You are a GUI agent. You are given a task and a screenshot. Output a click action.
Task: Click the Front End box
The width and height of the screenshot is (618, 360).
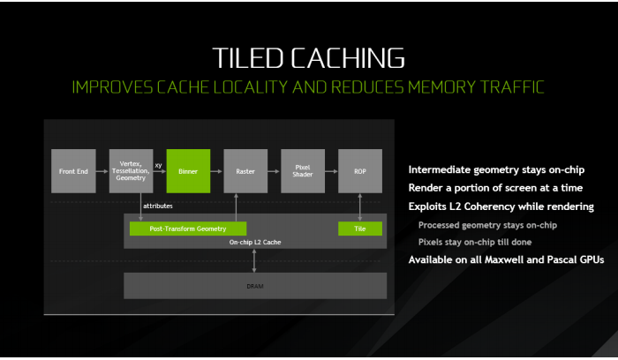73,171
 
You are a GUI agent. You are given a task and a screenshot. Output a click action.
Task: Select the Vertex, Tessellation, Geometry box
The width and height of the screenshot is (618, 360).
131,171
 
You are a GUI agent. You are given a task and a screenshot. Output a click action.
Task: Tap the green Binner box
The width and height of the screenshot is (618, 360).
188,171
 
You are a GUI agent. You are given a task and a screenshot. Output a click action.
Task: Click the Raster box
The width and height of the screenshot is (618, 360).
245,171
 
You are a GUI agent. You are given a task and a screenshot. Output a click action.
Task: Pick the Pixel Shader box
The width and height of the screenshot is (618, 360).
303,171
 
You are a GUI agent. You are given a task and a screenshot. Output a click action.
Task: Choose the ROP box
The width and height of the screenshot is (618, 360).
360,171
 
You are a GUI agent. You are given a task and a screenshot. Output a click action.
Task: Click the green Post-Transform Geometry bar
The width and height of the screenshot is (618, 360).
187,229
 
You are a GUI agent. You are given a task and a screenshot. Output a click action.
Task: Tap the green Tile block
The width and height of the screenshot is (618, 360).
360,229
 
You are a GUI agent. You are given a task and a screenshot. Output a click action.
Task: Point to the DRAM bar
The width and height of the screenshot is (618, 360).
254,286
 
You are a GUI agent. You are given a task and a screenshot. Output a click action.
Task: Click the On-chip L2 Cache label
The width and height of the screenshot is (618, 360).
254,241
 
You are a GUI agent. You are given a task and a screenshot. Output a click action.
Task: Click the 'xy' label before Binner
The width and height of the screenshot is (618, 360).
158,164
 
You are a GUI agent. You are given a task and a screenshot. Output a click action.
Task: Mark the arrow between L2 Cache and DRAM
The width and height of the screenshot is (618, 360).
254,260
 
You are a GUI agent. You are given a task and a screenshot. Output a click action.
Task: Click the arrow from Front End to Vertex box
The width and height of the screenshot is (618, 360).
102,171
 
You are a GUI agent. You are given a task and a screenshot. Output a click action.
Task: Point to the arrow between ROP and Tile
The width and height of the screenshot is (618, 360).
360,207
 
